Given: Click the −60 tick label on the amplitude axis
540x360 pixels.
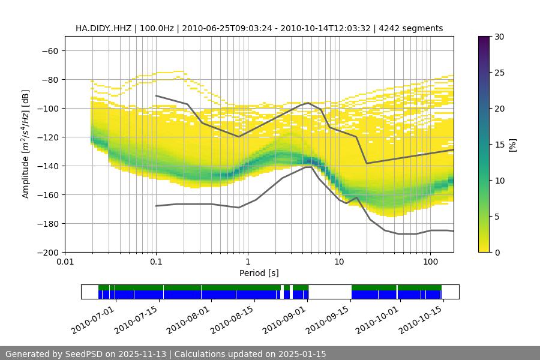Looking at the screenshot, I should coord(50,50).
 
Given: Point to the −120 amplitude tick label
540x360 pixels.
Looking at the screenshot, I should coord(48,137).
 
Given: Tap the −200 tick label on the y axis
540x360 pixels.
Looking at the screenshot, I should coord(48,252).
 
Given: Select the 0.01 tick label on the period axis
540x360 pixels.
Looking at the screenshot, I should coord(65,262).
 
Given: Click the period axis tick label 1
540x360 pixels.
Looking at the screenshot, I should coord(247,262).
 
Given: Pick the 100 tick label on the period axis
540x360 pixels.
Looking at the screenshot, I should coord(430,262).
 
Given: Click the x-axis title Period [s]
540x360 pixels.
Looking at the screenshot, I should coord(259,273).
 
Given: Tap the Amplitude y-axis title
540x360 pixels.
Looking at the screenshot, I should coord(26,144).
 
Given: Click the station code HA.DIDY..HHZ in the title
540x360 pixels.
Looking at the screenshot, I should coord(104,28).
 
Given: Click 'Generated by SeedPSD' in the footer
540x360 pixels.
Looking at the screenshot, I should coord(54,354).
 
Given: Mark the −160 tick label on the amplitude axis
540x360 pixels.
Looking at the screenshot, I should coord(48,194).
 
